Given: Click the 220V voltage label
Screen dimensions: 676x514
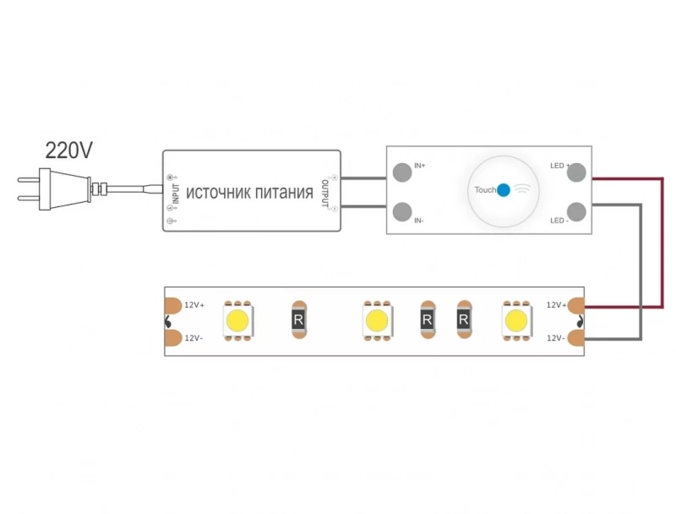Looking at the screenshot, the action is click(x=68, y=150).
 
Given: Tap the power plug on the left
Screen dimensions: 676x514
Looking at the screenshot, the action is click(x=62, y=189).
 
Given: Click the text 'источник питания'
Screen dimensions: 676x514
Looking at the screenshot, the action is click(x=249, y=192).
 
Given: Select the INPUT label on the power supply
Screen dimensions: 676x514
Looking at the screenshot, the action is click(x=176, y=194).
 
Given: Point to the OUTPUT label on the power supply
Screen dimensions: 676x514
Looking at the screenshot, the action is click(x=324, y=194).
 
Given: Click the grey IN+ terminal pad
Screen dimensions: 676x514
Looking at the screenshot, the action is click(x=402, y=172).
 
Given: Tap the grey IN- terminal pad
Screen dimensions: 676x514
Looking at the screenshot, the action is click(x=402, y=211).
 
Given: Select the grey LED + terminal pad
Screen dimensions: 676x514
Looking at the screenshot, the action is click(x=576, y=172).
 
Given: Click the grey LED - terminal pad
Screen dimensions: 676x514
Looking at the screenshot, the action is click(x=576, y=211).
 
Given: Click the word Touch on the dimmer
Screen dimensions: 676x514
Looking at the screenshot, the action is click(x=485, y=189).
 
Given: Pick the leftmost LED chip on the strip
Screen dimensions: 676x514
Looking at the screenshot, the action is click(x=237, y=320).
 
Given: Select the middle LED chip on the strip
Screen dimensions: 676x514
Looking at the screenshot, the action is click(x=377, y=320).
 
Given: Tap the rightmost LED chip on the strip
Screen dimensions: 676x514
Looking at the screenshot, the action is click(x=516, y=320).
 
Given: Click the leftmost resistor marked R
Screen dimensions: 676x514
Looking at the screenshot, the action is click(x=298, y=320).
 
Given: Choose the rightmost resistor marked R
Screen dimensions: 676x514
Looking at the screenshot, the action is click(x=464, y=320).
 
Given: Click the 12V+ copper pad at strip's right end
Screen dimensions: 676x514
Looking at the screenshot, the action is click(x=576, y=305).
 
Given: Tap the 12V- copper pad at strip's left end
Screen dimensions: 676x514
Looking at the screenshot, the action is click(x=173, y=338).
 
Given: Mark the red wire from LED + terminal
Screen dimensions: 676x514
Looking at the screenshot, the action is click(x=662, y=243).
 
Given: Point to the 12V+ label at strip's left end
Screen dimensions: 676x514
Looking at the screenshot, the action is click(x=194, y=305).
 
